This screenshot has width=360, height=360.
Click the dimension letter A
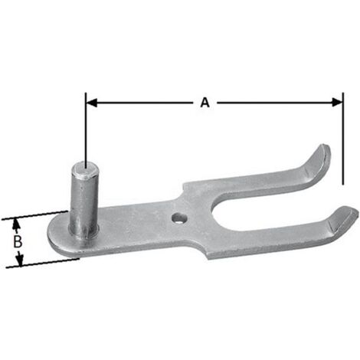click(205, 103)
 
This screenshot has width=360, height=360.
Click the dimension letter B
click(18, 241)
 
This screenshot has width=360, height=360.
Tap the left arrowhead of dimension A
click(92, 103)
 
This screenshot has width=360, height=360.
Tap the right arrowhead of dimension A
click(337, 103)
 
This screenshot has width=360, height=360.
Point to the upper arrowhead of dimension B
click(16, 224)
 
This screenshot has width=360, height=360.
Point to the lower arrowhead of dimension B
click(19, 259)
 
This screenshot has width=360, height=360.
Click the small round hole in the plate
click(179, 218)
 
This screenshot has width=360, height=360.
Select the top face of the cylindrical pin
click(85, 169)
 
